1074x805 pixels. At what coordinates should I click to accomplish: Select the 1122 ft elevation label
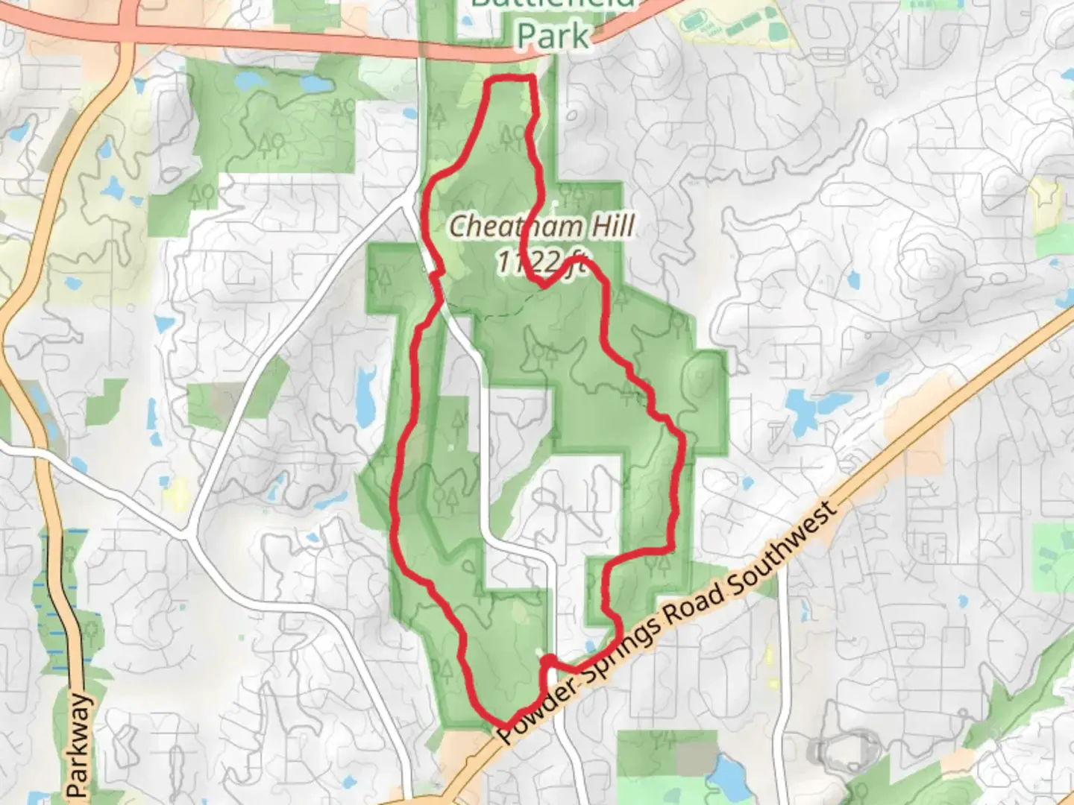pos(539,262)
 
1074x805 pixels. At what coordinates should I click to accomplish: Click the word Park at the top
pos(553,34)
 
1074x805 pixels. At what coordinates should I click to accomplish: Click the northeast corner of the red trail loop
pos(533,78)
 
